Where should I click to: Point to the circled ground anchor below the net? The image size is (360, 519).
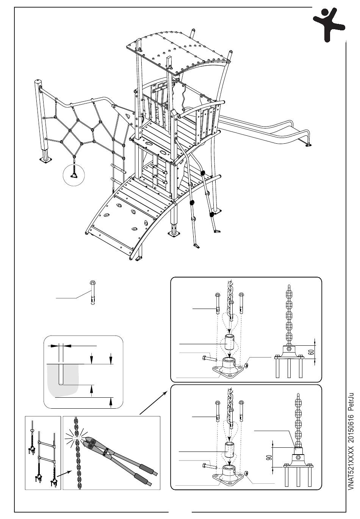click(75, 174)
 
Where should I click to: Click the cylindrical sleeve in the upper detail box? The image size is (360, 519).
click(229, 343)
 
